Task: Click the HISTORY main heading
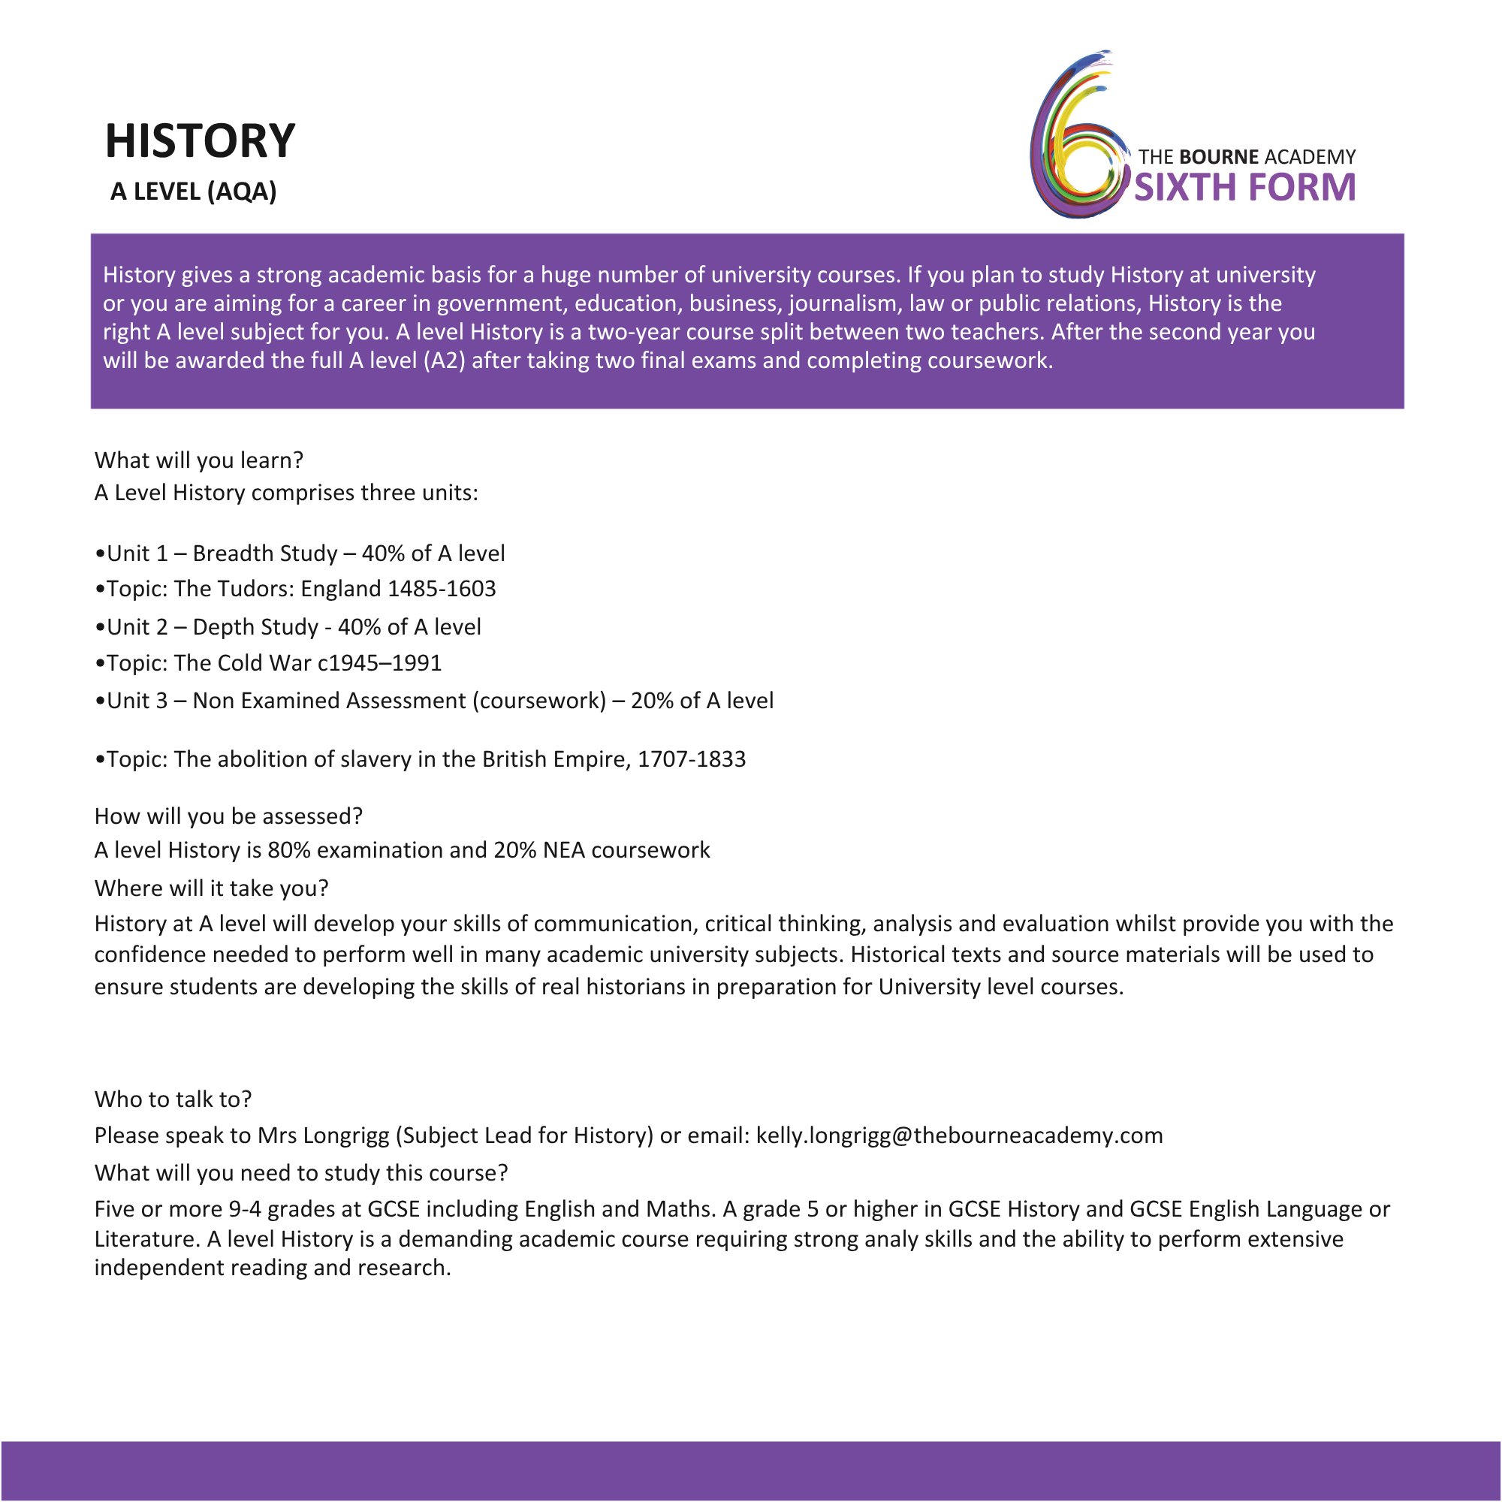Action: point(200,141)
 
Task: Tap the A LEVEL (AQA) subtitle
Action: point(194,192)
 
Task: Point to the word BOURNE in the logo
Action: point(1218,157)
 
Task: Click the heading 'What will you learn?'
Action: point(199,460)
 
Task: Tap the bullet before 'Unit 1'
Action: point(100,553)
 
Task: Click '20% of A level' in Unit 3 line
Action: point(702,701)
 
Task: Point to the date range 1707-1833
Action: point(691,759)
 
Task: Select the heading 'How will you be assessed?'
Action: point(228,816)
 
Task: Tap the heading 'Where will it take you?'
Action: point(212,888)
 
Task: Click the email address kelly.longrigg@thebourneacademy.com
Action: point(959,1136)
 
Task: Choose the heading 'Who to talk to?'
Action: point(173,1099)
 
